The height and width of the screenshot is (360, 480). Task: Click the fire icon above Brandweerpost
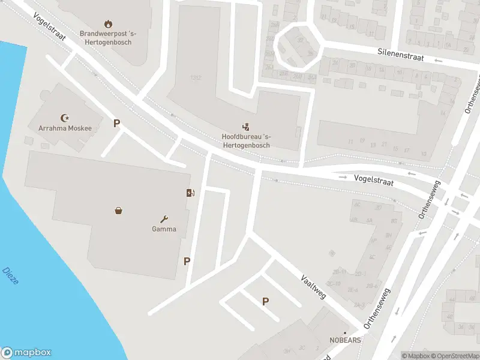[108, 24]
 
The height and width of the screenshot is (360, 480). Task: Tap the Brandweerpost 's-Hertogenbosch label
[109, 38]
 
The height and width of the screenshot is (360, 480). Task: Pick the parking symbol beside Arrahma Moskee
[117, 124]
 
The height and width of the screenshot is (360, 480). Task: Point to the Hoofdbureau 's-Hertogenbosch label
[245, 140]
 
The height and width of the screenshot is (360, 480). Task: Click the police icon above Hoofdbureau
[245, 127]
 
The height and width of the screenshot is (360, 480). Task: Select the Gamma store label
[164, 229]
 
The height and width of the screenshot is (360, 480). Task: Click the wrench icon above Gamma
[164, 219]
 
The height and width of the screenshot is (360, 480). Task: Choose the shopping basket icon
[119, 211]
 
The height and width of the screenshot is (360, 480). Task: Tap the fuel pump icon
[190, 193]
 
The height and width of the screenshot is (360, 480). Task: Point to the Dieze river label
[10, 275]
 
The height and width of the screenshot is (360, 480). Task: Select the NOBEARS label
[345, 340]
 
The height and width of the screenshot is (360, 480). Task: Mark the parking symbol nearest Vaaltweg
[265, 302]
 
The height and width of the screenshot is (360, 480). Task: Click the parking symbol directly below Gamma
[187, 261]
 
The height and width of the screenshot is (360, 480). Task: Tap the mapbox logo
[26, 353]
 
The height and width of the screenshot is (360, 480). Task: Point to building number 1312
[196, 78]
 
